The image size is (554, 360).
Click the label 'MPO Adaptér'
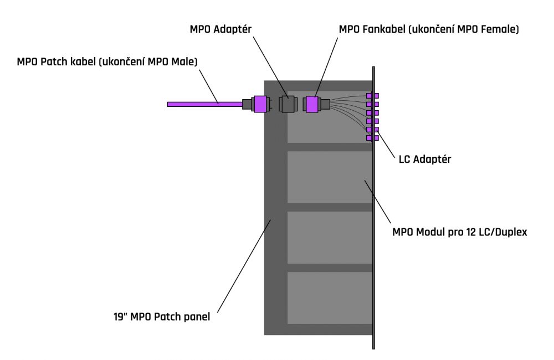220,29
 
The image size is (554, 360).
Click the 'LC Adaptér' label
425,159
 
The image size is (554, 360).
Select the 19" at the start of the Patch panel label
120,316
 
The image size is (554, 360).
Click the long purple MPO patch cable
205,104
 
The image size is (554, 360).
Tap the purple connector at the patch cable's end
260,104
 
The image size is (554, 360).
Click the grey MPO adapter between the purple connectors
288,104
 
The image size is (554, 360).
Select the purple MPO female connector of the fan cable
311,104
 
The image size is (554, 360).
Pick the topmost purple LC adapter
372,95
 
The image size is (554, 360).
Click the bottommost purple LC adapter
372,138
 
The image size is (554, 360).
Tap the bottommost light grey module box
330,298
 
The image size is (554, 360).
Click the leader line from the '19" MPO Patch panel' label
244,266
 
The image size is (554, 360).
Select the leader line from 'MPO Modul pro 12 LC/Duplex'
378,202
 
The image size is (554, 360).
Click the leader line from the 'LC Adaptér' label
385,143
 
